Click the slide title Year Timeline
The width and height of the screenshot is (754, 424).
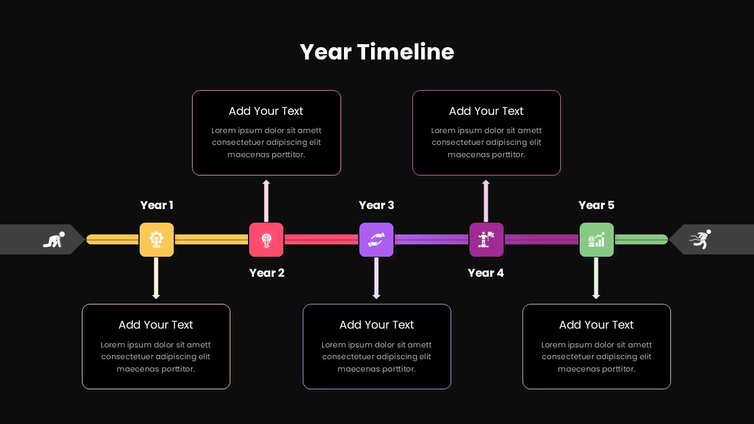377,52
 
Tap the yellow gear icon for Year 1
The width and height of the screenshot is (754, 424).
157,240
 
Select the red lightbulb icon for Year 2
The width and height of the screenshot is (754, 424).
266,240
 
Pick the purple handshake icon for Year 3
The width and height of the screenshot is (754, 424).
376,240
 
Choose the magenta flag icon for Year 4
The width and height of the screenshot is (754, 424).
487,240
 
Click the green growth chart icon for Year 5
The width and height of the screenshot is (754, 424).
597,240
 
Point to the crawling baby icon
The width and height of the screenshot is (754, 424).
54,240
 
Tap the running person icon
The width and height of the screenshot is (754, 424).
700,240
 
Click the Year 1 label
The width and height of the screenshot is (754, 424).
157,205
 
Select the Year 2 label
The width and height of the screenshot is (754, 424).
267,273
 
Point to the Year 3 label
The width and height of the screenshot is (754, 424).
376,205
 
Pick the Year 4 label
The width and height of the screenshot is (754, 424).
486,273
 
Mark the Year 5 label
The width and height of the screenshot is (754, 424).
596,205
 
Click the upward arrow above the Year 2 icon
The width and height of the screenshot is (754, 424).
266,200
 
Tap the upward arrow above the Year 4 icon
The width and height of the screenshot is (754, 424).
486,200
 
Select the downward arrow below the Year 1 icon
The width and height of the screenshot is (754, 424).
156,279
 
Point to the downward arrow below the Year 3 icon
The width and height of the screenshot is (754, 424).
376,279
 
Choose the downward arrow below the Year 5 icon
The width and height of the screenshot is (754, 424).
596,279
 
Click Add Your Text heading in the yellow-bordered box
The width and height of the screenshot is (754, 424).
156,324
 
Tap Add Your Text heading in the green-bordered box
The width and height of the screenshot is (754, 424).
596,324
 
